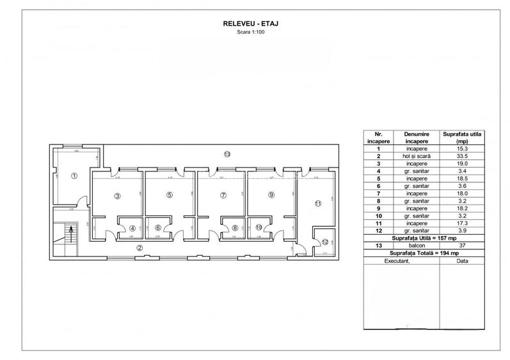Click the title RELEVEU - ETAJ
(254, 23)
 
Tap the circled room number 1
(74, 176)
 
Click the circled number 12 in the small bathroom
(325, 242)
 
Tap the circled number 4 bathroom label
(132, 228)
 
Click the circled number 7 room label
(223, 195)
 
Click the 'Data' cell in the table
(462, 262)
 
